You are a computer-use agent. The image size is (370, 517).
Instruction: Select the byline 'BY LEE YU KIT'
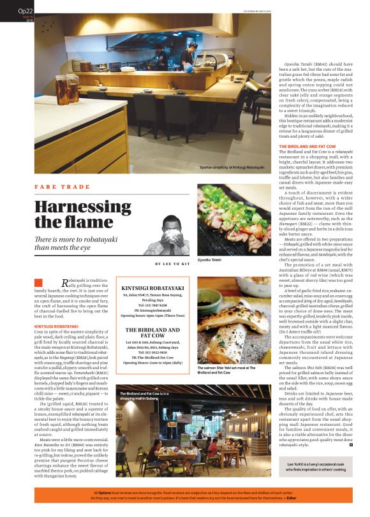point(173,263)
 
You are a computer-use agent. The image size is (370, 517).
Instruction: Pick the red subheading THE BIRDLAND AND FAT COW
point(308,146)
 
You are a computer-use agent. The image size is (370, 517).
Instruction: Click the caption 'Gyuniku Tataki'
point(213,261)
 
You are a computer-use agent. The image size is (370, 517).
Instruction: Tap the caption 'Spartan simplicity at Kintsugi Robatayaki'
point(228,168)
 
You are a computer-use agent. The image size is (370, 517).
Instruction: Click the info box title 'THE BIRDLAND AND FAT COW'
point(152,333)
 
